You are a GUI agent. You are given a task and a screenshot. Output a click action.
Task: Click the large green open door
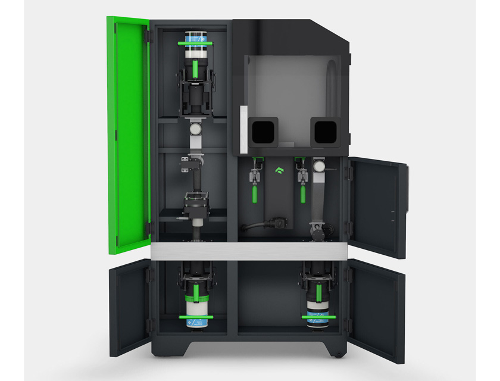tap(127, 131)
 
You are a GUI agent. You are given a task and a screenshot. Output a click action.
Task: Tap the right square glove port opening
tap(324, 129)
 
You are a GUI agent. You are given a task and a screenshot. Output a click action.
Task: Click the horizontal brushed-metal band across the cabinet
tap(250, 251)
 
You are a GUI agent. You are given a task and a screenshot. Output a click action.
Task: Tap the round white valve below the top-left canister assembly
tap(194, 127)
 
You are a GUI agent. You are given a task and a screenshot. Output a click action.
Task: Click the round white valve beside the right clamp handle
tap(320, 166)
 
